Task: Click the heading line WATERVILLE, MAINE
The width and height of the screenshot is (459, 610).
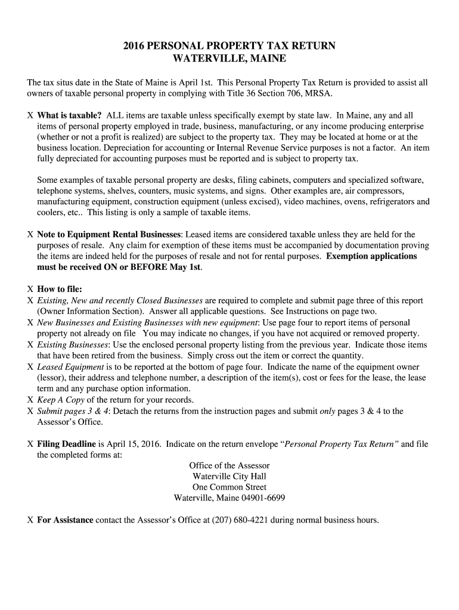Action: pyautogui.click(x=229, y=59)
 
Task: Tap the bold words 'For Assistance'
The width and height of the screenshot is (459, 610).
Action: pyautogui.click(x=65, y=520)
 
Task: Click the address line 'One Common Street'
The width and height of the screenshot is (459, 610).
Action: pyautogui.click(x=229, y=487)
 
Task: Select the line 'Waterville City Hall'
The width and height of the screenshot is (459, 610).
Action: pyautogui.click(x=229, y=477)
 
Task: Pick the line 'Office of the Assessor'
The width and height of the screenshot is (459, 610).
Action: pyautogui.click(x=229, y=466)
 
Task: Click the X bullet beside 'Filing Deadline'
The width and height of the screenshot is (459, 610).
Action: pyautogui.click(x=30, y=444)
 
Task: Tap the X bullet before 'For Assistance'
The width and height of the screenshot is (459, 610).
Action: pyautogui.click(x=30, y=520)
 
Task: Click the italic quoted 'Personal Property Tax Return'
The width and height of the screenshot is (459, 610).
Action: pyautogui.click(x=340, y=444)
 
